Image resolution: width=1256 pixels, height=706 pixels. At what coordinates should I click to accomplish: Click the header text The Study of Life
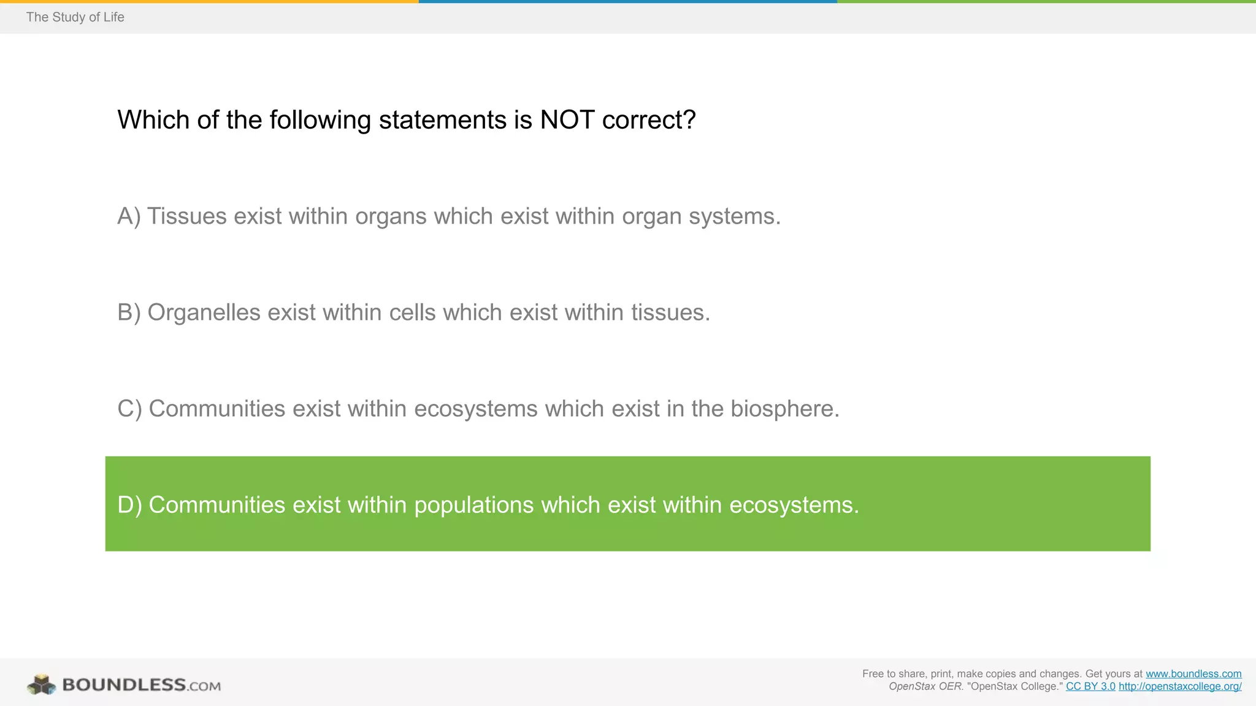(x=75, y=17)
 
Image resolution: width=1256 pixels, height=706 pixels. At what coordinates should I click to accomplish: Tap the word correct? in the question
(x=649, y=120)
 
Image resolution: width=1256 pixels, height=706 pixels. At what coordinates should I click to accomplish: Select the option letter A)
(x=129, y=216)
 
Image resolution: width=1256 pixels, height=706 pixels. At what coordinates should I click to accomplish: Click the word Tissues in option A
(x=187, y=216)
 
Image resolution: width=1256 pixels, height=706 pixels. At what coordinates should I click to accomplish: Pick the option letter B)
(x=129, y=313)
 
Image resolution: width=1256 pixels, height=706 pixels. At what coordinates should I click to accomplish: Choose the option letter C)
(x=129, y=409)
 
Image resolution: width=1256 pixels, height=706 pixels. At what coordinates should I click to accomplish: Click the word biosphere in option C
(x=784, y=409)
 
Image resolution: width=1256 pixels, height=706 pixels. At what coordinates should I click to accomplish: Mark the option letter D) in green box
(x=129, y=505)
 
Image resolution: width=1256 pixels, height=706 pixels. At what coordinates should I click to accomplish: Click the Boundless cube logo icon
(x=41, y=685)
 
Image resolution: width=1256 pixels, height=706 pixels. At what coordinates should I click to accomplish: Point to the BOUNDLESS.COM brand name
(x=142, y=685)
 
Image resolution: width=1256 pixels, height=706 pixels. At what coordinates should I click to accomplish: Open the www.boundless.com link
(x=1193, y=674)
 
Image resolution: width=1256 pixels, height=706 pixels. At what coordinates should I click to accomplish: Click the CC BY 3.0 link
(x=1090, y=686)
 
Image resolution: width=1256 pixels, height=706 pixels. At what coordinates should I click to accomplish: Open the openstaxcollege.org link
(x=1180, y=686)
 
